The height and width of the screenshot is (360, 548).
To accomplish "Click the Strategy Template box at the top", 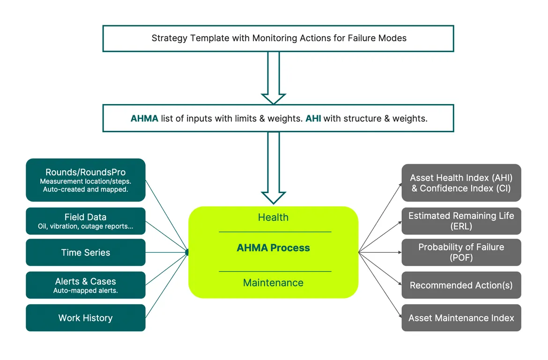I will tap(278, 38).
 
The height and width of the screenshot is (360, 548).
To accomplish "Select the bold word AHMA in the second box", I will tap(144, 119).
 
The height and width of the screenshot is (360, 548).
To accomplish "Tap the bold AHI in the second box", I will tap(313, 119).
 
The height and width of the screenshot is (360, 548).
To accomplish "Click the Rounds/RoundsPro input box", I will tap(85, 180).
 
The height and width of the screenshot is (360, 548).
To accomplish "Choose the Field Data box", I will tap(85, 221).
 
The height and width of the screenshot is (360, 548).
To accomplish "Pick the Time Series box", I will tap(85, 253).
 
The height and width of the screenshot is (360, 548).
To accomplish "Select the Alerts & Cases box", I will tap(85, 285).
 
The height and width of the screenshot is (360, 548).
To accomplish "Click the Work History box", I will tap(85, 318).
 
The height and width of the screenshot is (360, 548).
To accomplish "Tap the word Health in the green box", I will tap(273, 217).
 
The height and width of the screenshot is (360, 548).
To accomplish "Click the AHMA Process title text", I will tap(273, 248).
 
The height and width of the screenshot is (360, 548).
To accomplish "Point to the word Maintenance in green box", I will tap(273, 283).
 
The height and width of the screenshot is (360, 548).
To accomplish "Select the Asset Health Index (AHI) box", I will tap(461, 183).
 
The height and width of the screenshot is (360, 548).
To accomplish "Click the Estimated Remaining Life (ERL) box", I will tap(461, 221).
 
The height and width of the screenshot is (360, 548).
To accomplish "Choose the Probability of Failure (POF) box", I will tap(461, 252).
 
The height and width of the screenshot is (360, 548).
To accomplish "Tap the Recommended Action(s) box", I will tap(461, 285).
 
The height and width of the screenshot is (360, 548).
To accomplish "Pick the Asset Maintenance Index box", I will tap(461, 318).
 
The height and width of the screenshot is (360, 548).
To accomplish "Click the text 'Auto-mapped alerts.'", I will tap(85, 291).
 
